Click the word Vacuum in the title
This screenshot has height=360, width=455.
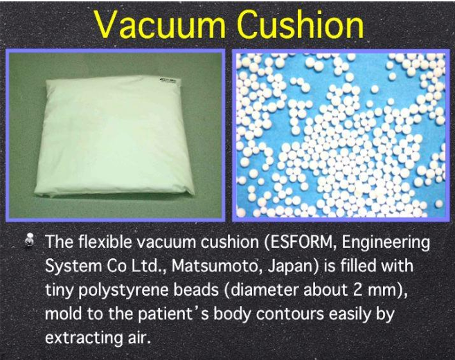[x=161, y=24]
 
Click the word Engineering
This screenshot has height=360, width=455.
[x=385, y=242]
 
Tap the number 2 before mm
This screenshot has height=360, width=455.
[x=359, y=290]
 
